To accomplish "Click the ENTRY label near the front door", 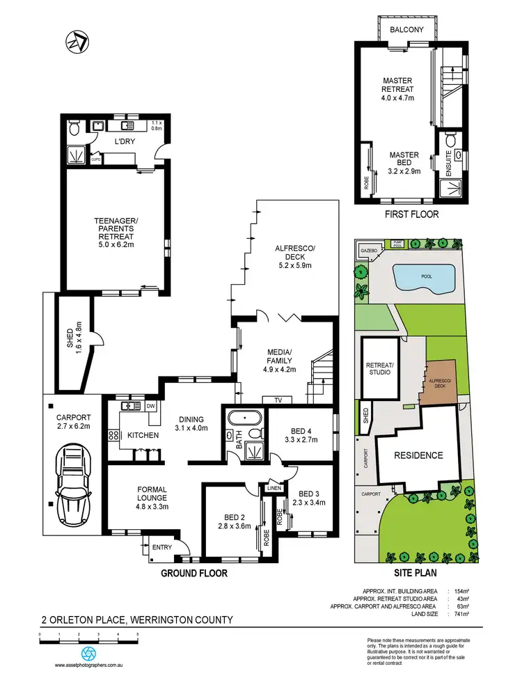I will click(161, 547).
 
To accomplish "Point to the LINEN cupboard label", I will click(273, 489).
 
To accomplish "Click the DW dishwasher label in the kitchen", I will click(150, 405).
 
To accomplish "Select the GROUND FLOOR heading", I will click(194, 574).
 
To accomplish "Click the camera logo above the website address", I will click(88, 654).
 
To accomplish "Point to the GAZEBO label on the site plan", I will click(368, 249).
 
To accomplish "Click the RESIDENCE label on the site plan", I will click(418, 455).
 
